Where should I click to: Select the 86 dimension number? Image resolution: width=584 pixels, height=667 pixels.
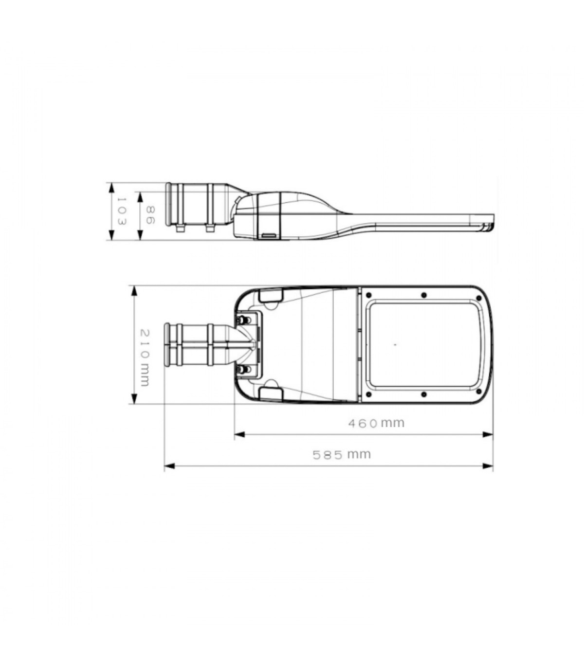click(x=149, y=214)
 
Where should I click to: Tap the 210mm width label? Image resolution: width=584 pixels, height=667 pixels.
click(x=145, y=358)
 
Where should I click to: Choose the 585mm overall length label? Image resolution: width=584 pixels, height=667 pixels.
click(x=342, y=455)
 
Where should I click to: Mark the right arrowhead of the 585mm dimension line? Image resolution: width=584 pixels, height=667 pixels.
click(x=488, y=466)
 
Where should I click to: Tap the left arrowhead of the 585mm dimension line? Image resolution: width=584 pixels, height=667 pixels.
click(x=169, y=466)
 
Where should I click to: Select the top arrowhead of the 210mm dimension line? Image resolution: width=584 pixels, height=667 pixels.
click(x=134, y=291)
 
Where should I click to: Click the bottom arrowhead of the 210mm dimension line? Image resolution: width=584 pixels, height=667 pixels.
click(x=134, y=398)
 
